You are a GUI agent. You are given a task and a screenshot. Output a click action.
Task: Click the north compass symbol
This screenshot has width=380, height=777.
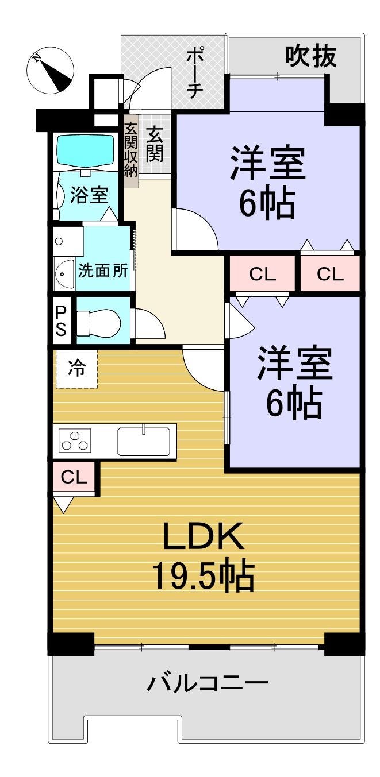pos(50,71)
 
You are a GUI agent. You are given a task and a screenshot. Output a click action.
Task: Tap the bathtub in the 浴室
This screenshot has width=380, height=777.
pos(86,151)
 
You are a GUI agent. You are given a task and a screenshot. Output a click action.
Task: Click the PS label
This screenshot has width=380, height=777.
pos(61,321)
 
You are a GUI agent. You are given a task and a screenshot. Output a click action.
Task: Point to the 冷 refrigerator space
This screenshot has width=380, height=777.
pos(76,369)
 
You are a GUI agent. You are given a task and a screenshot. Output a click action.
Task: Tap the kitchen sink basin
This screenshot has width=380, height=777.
pos(143,441)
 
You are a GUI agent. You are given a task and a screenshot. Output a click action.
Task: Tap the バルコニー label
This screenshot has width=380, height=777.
pos(208,683)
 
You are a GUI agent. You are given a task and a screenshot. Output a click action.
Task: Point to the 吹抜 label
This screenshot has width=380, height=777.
pos(310,57)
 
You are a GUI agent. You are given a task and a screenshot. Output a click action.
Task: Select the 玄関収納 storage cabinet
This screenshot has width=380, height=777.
pos(130,152)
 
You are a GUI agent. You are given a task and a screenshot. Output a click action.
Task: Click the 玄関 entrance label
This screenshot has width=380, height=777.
pos(155,144)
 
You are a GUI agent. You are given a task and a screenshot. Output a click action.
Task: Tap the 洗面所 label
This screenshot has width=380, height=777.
pos(103,270)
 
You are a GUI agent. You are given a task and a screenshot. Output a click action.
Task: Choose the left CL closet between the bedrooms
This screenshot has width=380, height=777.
pos(262,274)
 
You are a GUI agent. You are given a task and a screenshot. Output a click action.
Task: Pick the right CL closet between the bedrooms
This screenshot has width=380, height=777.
pos(329,274)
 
